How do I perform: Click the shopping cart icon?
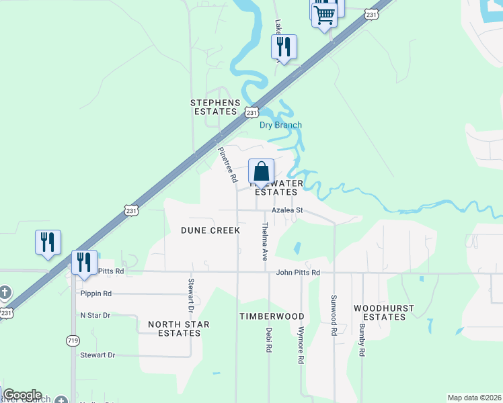click(325, 14)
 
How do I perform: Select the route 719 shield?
click(73, 341)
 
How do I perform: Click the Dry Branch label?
click(280, 125)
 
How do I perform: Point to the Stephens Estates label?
click(215, 107)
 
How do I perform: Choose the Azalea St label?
click(288, 210)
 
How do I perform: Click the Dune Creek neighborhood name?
click(210, 230)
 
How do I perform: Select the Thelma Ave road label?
click(264, 242)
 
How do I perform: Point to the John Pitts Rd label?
click(297, 273)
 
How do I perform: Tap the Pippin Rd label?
click(95, 294)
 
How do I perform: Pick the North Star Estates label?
click(178, 328)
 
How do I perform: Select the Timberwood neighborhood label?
click(272, 316)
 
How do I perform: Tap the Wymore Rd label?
click(301, 345)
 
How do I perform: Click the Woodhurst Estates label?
click(383, 312)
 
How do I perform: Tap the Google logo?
click(22, 395)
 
